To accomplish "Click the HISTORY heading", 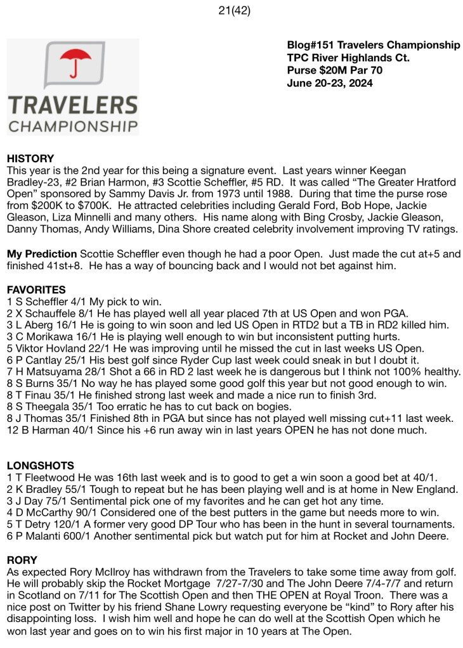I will [30, 158].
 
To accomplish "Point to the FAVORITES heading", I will [36, 289].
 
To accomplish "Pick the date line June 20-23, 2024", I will [330, 83].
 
